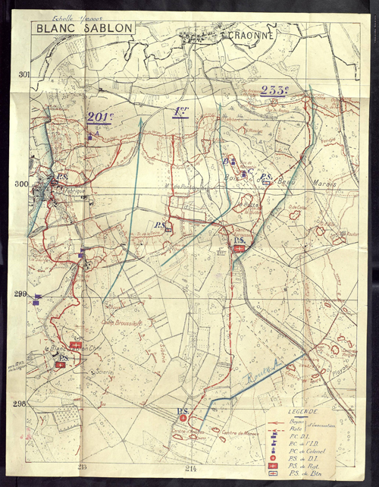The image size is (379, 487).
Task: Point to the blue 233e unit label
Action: pos(274,90)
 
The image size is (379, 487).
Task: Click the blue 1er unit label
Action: pos(180,112)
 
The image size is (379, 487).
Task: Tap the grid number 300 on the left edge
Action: pos(20,184)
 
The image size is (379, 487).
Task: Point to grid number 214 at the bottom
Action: pos(190,467)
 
